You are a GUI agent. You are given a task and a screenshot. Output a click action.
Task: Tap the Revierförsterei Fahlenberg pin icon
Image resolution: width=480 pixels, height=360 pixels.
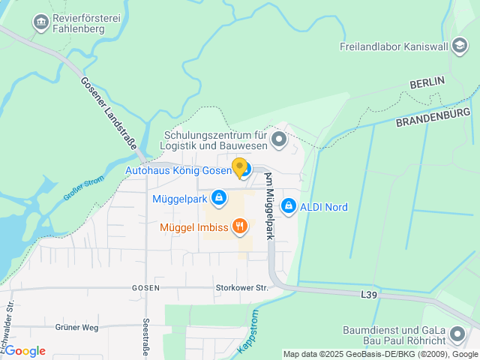point(40,22)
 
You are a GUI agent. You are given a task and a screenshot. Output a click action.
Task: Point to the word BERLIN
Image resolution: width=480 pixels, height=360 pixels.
point(427,81)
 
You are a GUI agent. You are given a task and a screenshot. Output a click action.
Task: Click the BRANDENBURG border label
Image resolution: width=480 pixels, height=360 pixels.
point(433,117)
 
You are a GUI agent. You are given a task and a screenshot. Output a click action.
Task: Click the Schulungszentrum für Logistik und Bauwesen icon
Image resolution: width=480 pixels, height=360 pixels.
point(279,139)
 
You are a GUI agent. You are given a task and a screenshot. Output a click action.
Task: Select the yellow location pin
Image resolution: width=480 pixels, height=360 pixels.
point(239,167)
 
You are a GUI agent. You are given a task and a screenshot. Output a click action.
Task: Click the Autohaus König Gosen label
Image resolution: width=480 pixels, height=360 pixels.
point(178,170)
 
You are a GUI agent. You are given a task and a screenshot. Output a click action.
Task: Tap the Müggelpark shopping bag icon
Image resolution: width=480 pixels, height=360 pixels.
point(218,199)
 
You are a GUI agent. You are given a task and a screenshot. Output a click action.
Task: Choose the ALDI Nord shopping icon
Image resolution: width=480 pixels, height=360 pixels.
point(288,206)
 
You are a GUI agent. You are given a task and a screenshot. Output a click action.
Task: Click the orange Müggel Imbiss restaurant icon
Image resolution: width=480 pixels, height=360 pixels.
point(240,226)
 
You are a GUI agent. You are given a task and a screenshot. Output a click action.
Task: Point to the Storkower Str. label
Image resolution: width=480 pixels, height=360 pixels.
point(241,287)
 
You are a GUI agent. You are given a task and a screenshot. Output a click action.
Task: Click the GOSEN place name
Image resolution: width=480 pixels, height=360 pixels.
point(145,288)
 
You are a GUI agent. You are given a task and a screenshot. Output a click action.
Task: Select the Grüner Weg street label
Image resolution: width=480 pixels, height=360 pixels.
point(76,327)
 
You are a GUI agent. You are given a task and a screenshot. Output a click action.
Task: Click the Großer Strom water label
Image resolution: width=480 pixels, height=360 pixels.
point(83,187)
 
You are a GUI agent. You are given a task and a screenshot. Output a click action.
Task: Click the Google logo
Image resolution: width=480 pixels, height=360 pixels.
point(25,351)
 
